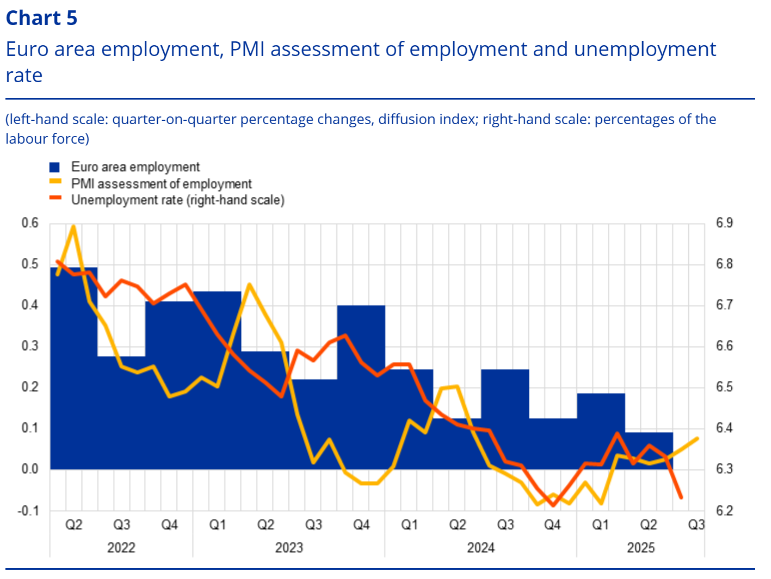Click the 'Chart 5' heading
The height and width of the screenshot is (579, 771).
(x=41, y=18)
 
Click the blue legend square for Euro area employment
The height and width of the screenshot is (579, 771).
(x=54, y=167)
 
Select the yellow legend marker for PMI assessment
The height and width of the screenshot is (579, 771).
(x=55, y=182)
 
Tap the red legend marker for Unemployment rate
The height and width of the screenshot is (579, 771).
(x=55, y=198)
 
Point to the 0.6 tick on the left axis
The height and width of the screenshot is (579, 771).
(x=30, y=223)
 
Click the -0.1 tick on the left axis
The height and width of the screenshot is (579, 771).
(x=28, y=510)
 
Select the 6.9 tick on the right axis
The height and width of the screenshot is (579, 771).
(x=724, y=223)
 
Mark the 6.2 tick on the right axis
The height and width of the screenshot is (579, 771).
(x=724, y=510)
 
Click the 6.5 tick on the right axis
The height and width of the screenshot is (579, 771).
(x=724, y=387)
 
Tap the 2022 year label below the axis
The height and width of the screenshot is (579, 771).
(x=121, y=547)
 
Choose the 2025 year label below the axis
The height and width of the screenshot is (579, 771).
(x=640, y=547)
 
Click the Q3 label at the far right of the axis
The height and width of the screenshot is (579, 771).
(x=696, y=525)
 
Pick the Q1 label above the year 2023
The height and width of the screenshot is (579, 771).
(x=218, y=525)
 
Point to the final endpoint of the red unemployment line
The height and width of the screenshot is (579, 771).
(x=681, y=497)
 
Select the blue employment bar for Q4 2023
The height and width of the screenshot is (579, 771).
(x=361, y=386)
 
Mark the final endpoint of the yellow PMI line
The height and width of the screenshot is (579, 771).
(x=697, y=439)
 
